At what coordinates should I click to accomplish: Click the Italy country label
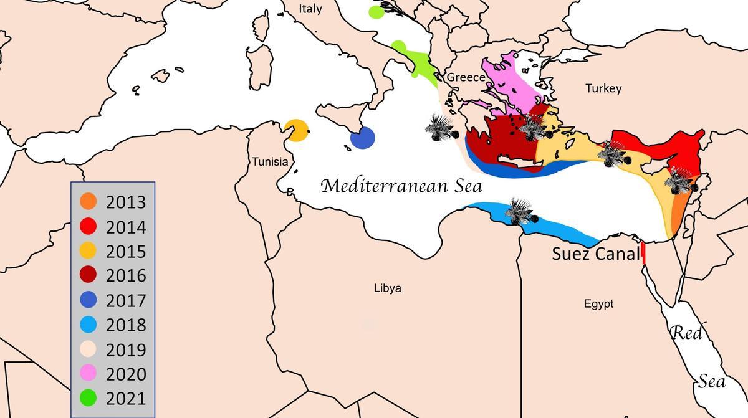tap(310, 9)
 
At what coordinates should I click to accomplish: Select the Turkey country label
tap(603, 88)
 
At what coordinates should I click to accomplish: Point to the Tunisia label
tap(270, 162)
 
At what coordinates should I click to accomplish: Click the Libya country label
tap(388, 288)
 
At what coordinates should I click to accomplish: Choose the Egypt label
tap(598, 304)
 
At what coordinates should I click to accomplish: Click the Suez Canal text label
tap(596, 254)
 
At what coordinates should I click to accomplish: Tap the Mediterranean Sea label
tap(402, 186)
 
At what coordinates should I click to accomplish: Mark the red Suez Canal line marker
tap(643, 254)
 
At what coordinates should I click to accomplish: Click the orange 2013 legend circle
tap(89, 202)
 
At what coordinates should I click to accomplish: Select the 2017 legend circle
tap(89, 300)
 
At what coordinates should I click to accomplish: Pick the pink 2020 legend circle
tap(89, 374)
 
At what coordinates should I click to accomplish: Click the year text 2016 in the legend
tap(126, 276)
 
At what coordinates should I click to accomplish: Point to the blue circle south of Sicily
tap(362, 138)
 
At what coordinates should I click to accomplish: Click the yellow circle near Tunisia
tap(296, 130)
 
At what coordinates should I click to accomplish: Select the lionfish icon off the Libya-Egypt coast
tap(519, 212)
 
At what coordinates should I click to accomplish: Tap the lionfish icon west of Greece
tap(441, 128)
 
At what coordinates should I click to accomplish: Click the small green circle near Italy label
tap(376, 12)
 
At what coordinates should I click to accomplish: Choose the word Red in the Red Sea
tap(686, 333)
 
